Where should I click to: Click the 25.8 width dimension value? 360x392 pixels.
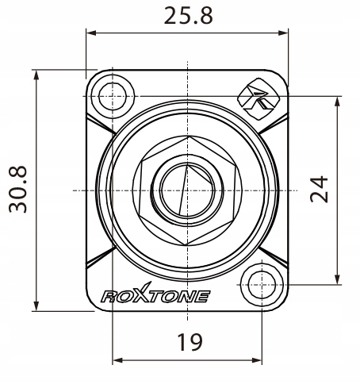[187, 15]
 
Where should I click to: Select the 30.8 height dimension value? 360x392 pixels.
[17, 188]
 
